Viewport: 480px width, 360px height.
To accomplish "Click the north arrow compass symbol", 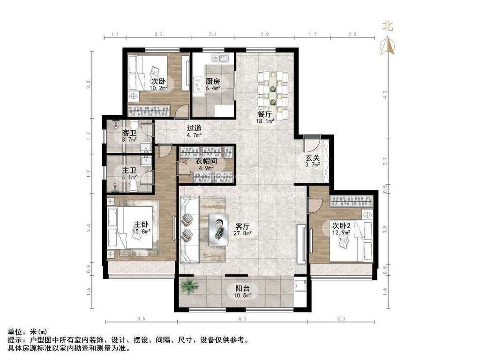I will tap(389, 45).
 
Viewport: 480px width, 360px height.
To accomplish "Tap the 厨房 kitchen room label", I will tap(213, 81).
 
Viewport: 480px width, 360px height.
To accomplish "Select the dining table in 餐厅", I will tap(272, 92).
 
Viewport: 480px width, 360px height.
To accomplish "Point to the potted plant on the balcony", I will tap(189, 285).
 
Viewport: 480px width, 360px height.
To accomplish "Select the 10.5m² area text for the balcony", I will tap(244, 296).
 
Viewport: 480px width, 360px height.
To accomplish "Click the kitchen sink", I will tap(220, 59).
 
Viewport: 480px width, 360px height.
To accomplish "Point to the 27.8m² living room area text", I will tap(244, 232).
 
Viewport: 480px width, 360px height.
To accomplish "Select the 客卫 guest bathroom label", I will tap(129, 133).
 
